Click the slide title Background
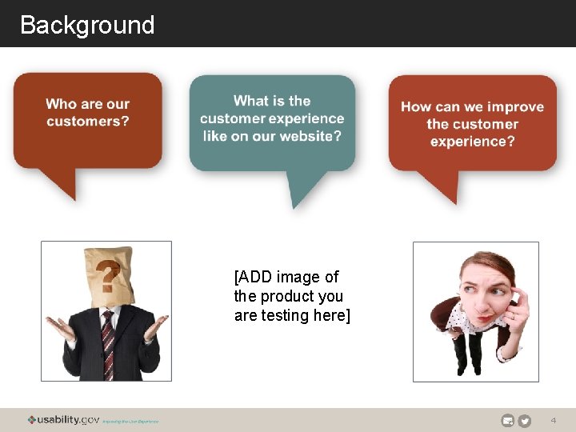[x=87, y=25]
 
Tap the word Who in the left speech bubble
[x=61, y=104]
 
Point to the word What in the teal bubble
[x=251, y=101]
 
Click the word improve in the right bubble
[x=515, y=106]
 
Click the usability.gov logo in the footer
[x=64, y=420]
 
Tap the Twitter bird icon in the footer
[x=525, y=421]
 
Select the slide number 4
[x=553, y=421]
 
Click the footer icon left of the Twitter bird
[x=507, y=421]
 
